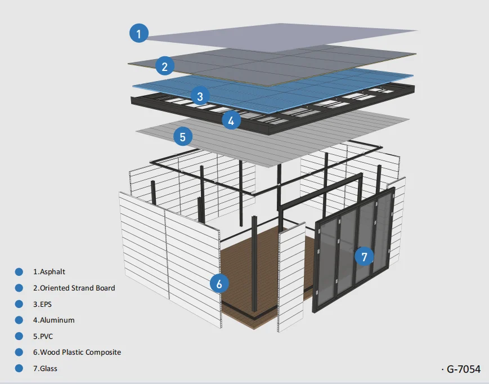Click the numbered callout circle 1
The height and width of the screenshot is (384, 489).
(x=138, y=33)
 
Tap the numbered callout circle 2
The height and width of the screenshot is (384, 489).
(x=164, y=67)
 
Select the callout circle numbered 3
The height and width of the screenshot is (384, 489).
(x=200, y=96)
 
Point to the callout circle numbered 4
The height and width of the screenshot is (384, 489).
(x=231, y=119)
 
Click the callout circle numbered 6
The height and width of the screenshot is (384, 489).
(x=219, y=283)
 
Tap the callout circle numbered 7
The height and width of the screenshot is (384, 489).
(x=364, y=257)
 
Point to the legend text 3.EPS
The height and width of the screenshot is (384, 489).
(x=45, y=304)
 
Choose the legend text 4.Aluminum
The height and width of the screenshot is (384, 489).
(x=53, y=320)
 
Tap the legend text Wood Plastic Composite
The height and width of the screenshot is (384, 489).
(x=77, y=352)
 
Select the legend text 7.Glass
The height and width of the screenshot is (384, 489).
(x=45, y=369)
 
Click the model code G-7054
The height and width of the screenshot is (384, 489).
(x=463, y=369)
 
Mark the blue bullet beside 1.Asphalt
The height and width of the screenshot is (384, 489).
(x=19, y=272)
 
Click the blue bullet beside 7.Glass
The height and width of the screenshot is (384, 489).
(x=19, y=369)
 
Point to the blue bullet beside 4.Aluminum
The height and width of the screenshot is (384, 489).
(x=19, y=320)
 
